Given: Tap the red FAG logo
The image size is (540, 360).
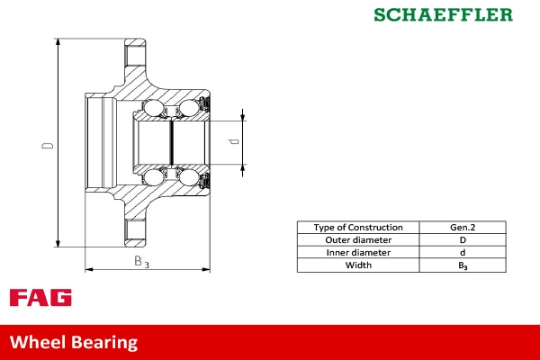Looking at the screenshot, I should [40, 298].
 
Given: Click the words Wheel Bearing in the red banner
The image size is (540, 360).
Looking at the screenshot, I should [74, 342].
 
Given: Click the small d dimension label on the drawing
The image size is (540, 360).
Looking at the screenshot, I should [233, 141].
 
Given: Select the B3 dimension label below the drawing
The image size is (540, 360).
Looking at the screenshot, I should [141, 262].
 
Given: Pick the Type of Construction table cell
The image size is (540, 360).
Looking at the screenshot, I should [357, 228].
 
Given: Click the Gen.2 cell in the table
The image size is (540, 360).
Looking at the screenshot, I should [463, 228].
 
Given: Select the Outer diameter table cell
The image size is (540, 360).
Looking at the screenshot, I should [357, 240].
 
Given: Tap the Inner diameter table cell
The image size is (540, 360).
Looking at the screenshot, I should [357, 253].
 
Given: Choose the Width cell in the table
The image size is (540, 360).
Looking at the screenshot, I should [357, 265].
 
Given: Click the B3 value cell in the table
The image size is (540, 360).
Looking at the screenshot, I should [463, 265].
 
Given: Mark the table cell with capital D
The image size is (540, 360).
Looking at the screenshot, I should [463, 240].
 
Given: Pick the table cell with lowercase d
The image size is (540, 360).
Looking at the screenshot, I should [463, 253].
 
